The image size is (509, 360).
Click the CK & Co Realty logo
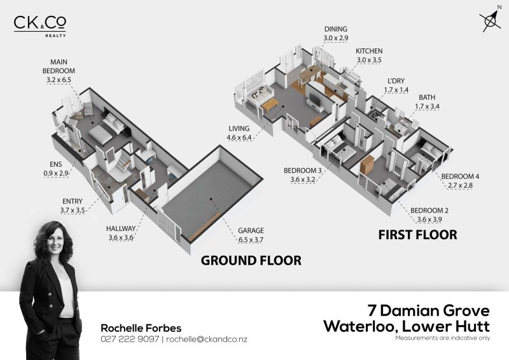click(x=39, y=25)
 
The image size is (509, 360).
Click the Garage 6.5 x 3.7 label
click(x=251, y=235)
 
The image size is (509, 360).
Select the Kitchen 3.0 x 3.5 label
click(x=368, y=55)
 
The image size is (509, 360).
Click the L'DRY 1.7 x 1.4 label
click(x=396, y=86)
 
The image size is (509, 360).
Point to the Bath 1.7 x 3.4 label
click(x=427, y=102)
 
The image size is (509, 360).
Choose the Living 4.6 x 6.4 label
click(x=239, y=132)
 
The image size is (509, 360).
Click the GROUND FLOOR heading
click(x=250, y=261)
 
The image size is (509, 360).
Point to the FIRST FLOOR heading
click(x=417, y=235)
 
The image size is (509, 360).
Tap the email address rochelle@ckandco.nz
click(x=207, y=339)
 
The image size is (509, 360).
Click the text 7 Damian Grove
click(x=429, y=311)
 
